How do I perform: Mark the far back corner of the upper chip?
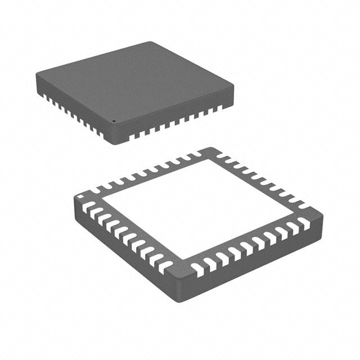point(152,43)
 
